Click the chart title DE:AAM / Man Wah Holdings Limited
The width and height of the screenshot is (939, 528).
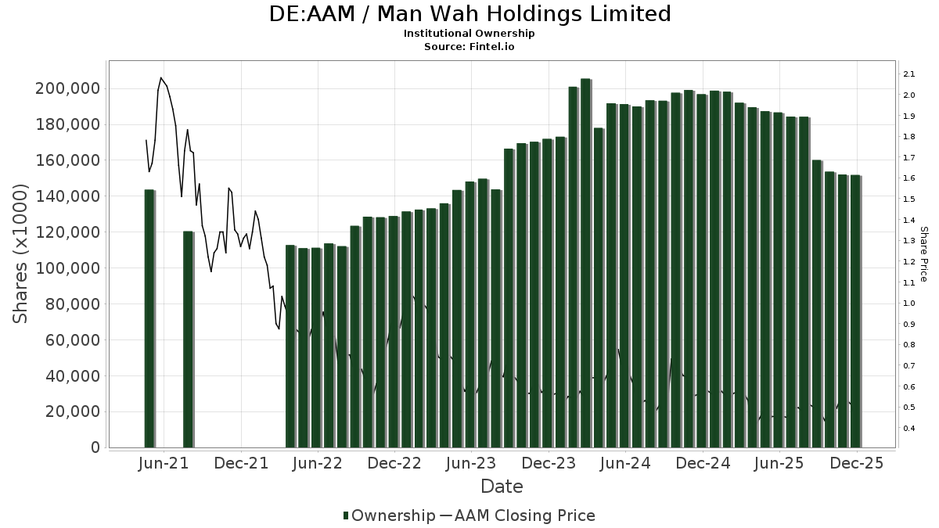[469, 14]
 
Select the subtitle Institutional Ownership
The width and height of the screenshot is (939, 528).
[469, 34]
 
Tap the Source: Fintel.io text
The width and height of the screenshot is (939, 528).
[469, 46]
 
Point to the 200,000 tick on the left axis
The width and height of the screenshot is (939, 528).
[67, 89]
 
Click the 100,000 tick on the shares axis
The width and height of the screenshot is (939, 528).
[67, 268]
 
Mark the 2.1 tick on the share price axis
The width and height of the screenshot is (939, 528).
[908, 74]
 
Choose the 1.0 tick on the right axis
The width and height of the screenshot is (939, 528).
[908, 304]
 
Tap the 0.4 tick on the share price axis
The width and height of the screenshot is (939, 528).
[908, 429]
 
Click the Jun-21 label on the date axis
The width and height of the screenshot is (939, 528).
[163, 463]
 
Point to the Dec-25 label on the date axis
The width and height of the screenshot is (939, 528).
[857, 463]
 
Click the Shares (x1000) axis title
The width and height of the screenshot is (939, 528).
[20, 253]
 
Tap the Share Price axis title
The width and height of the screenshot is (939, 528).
[923, 253]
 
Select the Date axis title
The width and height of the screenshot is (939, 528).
[502, 487]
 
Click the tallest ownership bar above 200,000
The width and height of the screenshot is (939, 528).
[585, 263]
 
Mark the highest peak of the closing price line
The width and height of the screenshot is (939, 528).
[161, 78]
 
